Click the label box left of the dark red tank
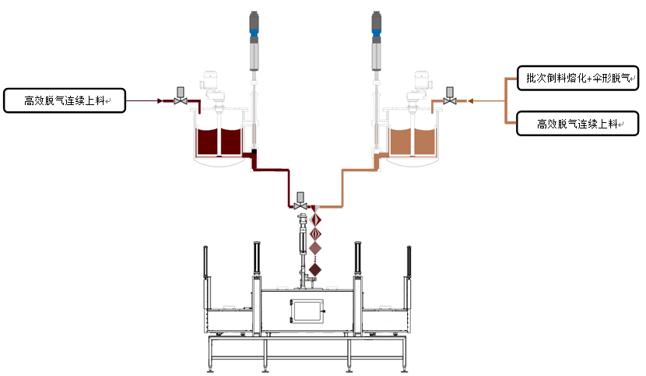[64, 101]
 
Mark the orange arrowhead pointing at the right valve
[471, 101]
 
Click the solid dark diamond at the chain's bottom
[315, 269]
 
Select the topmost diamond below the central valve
[316, 218]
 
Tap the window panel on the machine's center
[307, 310]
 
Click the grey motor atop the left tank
[212, 83]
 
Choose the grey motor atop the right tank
[420, 83]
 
